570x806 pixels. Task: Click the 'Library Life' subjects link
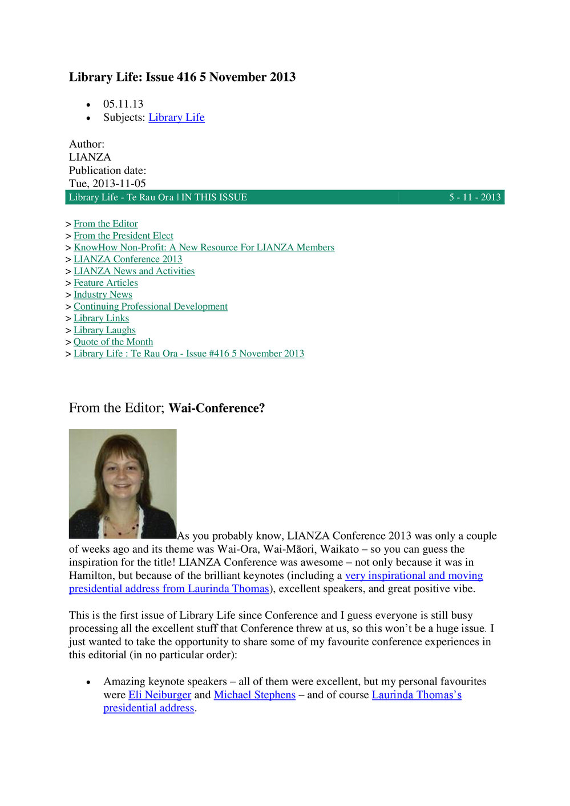(176, 118)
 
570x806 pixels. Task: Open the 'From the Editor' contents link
(106, 224)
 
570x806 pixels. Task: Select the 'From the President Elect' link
(123, 236)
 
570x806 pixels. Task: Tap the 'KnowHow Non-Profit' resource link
(204, 247)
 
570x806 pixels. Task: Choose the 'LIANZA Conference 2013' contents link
(128, 259)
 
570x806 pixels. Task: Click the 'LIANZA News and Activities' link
(134, 271)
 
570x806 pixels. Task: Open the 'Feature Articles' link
(106, 283)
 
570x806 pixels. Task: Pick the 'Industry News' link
(103, 294)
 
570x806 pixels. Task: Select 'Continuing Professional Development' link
(151, 306)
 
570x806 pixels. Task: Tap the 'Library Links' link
(101, 318)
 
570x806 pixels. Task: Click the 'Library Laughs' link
(104, 330)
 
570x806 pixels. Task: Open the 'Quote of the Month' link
(113, 342)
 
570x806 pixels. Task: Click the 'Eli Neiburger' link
(160, 695)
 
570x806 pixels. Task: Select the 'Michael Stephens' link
(254, 695)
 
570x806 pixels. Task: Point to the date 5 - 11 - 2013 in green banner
(475, 197)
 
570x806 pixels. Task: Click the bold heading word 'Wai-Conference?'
(217, 408)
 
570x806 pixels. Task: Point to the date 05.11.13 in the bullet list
(123, 104)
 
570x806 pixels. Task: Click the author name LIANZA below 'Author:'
(90, 157)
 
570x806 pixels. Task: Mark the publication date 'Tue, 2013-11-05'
(107, 184)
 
